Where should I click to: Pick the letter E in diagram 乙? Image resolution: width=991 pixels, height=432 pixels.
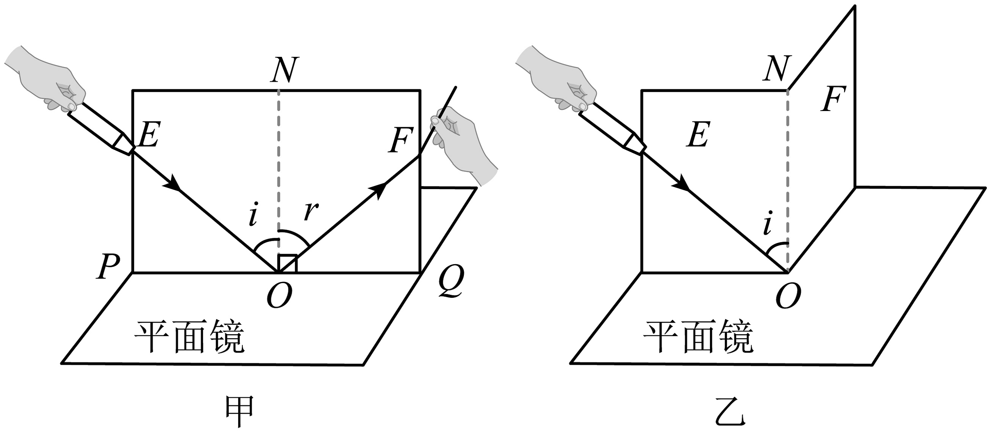click(698, 135)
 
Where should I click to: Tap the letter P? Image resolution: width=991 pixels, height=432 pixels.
click(108, 266)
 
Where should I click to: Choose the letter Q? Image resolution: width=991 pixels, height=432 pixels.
click(451, 281)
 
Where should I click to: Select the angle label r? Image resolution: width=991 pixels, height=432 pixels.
click(311, 211)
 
